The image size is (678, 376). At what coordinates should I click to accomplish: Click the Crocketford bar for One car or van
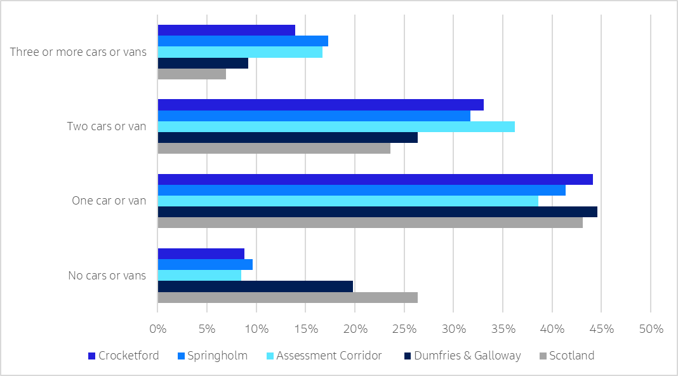(x=375, y=179)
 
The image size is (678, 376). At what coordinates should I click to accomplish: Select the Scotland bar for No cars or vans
(x=287, y=297)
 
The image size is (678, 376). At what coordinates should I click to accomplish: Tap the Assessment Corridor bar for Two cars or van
(x=336, y=127)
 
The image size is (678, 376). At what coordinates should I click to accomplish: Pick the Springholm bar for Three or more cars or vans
(x=243, y=41)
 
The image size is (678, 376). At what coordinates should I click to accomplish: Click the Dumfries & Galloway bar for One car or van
(x=377, y=212)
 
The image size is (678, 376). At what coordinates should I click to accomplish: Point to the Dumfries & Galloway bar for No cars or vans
(x=255, y=286)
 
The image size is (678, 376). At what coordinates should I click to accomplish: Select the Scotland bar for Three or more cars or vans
(x=192, y=74)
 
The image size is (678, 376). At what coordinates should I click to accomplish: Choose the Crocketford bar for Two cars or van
(x=321, y=105)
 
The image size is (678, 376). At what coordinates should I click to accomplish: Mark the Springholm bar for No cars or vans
(x=205, y=264)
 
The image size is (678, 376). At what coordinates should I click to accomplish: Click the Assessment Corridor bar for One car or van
(x=348, y=201)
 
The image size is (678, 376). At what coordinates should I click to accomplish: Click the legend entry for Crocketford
(x=123, y=356)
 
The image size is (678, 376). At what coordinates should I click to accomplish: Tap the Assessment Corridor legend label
(x=329, y=356)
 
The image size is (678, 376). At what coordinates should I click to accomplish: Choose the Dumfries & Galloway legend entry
(x=467, y=356)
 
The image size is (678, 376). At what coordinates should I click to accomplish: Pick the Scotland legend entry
(x=571, y=356)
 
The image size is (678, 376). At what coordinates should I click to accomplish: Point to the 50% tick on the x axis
(x=651, y=329)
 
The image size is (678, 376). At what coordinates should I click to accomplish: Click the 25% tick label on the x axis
(x=404, y=329)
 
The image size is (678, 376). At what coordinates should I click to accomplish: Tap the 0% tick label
(x=157, y=329)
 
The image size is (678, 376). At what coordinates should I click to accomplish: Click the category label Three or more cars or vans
(x=78, y=52)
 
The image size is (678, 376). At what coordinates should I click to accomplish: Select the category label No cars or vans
(x=107, y=276)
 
